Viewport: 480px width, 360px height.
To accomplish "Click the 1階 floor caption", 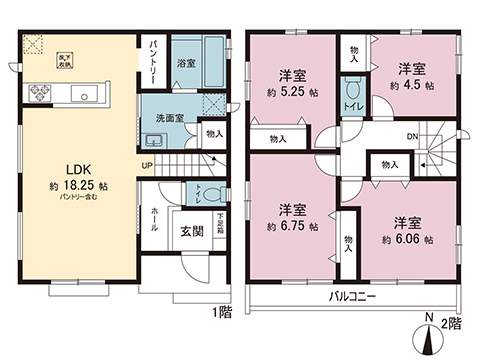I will tap(222, 313).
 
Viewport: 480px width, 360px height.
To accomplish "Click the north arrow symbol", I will tap(429, 335).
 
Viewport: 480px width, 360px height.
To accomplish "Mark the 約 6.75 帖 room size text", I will tap(292, 227).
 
